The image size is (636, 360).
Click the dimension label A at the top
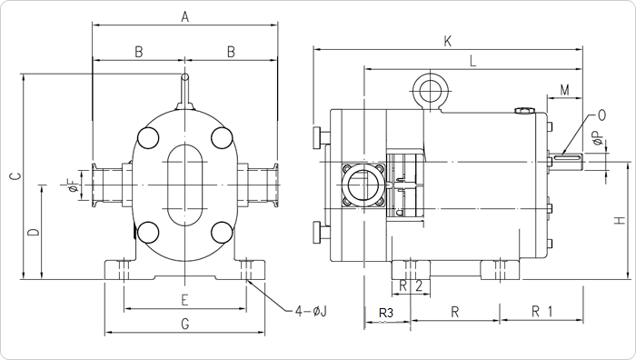[x=185, y=17]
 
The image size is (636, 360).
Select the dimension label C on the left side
[x=15, y=175]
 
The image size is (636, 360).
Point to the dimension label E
[x=184, y=300]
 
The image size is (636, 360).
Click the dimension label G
[x=185, y=324]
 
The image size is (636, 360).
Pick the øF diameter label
[x=73, y=185]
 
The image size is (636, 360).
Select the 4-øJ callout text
[x=311, y=311]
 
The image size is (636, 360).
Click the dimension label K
[x=447, y=41]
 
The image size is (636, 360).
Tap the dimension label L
[x=472, y=61]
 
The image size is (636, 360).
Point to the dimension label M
[x=564, y=90]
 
